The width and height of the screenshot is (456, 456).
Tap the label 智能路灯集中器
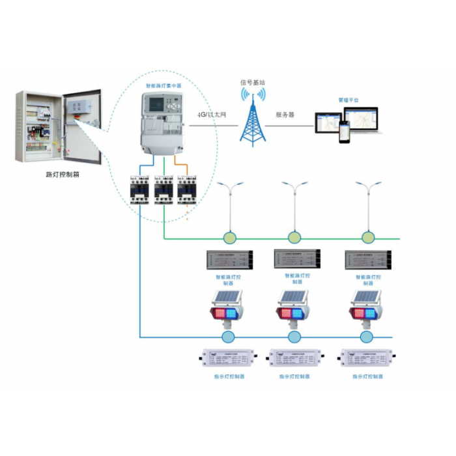tap(163, 85)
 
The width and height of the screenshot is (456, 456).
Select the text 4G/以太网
tap(211, 114)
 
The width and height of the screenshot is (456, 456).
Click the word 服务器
tap(285, 114)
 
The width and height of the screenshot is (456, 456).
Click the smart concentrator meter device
tap(163, 122)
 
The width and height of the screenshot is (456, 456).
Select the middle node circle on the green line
tap(295, 237)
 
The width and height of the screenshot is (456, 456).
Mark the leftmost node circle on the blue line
tap(227, 337)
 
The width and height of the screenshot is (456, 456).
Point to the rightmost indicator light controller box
tap(365, 359)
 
